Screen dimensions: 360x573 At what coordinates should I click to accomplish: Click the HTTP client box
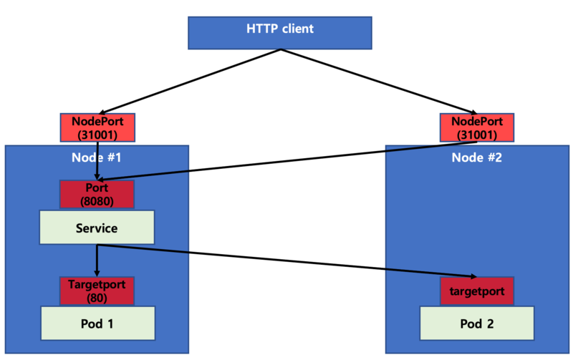pos(279,32)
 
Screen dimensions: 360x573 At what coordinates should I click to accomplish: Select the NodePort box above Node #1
pos(96,127)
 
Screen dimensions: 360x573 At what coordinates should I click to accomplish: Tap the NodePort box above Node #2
pos(476,127)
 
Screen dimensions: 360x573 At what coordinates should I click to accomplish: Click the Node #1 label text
pos(96,157)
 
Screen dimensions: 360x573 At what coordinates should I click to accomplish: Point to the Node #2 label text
pos(476,157)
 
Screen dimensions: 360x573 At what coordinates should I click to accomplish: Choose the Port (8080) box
pos(96,194)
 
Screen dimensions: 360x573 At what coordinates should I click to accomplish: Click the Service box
pos(96,228)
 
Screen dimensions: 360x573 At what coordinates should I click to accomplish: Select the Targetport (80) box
pos(96,291)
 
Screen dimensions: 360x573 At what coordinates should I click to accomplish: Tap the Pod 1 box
pos(96,323)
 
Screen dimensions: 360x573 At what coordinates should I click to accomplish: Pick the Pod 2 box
pos(476,323)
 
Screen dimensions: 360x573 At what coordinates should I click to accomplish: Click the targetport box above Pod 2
pos(476,291)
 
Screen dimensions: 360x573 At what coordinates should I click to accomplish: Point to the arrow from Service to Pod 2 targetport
pos(286,261)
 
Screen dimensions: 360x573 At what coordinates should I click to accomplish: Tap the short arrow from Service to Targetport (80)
pos(97,260)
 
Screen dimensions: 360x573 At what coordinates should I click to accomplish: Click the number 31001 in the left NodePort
pos(96,134)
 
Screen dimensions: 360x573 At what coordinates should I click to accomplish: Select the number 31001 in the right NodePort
pos(476,134)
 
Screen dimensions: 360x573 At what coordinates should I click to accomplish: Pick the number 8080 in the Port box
pos(96,201)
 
